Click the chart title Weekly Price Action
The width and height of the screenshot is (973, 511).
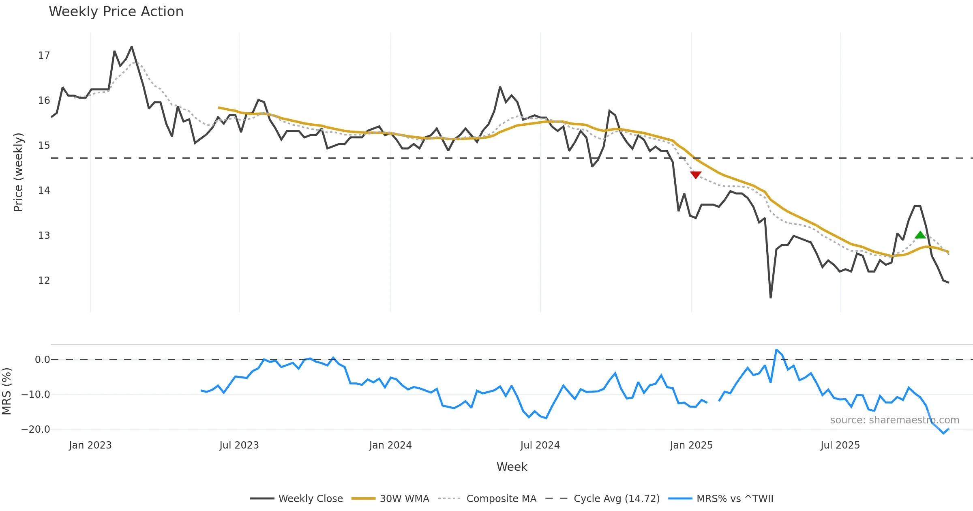pyautogui.click(x=116, y=12)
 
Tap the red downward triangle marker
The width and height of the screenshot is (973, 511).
pyautogui.click(x=696, y=175)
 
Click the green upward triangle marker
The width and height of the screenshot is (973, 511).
pyautogui.click(x=920, y=235)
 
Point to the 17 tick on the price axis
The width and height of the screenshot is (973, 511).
pyautogui.click(x=44, y=56)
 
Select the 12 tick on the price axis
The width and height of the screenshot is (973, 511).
pyautogui.click(x=44, y=281)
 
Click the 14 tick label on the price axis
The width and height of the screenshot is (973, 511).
pyautogui.click(x=44, y=191)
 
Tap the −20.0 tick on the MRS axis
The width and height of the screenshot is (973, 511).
pyautogui.click(x=36, y=429)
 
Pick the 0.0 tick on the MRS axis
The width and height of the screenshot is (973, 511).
pyautogui.click(x=42, y=360)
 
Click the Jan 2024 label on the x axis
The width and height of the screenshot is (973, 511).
pyautogui.click(x=390, y=445)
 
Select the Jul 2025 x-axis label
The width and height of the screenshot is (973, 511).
pyautogui.click(x=840, y=445)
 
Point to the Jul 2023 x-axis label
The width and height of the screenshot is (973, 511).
pyautogui.click(x=239, y=445)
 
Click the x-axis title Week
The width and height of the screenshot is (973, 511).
pyautogui.click(x=512, y=467)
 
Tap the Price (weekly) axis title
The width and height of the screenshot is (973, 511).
pyautogui.click(x=18, y=172)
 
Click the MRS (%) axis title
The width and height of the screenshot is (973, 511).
pyautogui.click(x=7, y=391)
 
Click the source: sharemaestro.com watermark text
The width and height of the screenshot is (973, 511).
pyautogui.click(x=894, y=420)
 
